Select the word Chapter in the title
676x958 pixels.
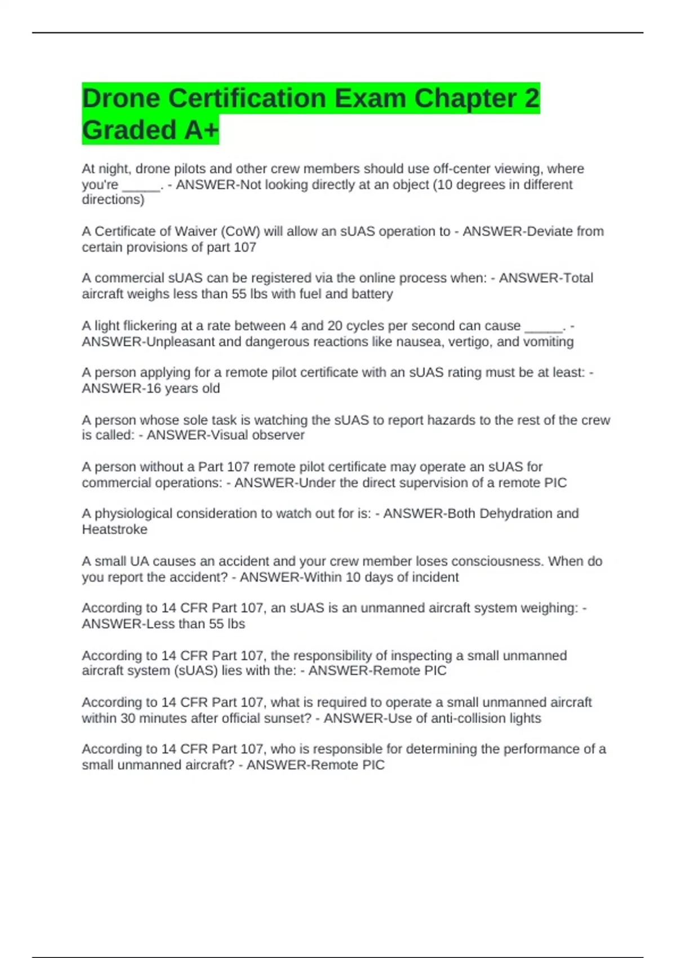coord(464,99)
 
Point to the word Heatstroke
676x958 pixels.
coord(114,529)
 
